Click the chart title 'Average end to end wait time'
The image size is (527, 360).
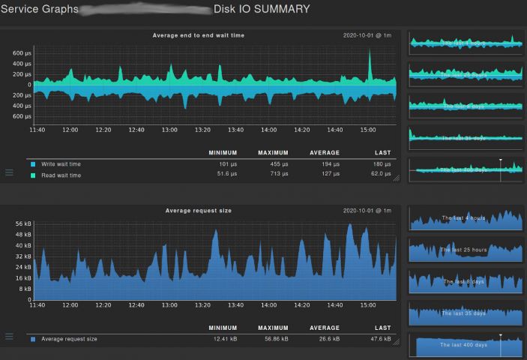tap(199, 35)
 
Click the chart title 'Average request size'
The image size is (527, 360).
tap(199, 211)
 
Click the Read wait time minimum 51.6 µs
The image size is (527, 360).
tap(223, 175)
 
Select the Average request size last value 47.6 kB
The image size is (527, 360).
tap(379, 339)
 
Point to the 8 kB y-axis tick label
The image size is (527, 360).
tap(25, 288)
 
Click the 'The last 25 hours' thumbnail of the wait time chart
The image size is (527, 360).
tap(466, 74)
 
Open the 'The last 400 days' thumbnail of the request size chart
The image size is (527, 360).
tap(466, 345)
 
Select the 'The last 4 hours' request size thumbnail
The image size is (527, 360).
tap(466, 219)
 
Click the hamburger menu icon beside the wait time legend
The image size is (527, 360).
tap(10, 172)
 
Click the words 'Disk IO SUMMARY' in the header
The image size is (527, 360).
tap(261, 10)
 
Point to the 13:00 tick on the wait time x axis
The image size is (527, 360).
tap(169, 130)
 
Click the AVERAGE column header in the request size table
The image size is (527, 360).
tap(325, 328)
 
